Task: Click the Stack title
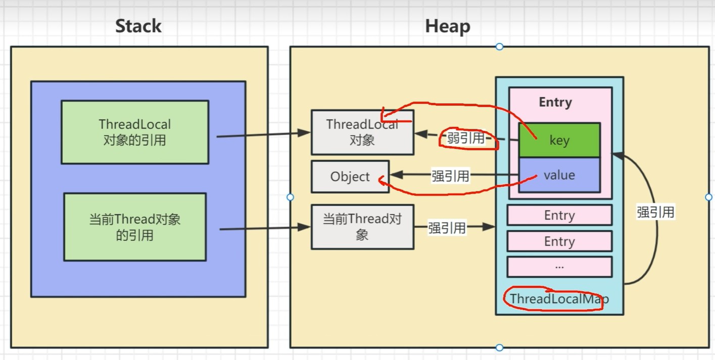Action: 138,26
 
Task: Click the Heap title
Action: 447,26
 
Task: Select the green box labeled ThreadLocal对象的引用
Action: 135,132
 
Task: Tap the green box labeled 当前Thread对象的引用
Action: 135,227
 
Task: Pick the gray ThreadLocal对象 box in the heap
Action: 362,132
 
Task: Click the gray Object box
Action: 350,177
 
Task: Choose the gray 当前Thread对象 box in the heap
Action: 362,227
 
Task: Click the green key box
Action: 559,141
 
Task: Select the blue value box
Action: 559,175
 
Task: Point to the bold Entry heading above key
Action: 555,102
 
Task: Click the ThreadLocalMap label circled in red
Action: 559,299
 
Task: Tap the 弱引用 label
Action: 465,138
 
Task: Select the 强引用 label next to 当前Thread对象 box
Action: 447,228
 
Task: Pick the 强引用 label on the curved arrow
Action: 655,212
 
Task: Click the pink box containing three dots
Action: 559,266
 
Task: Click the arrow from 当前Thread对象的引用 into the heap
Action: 265,229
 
